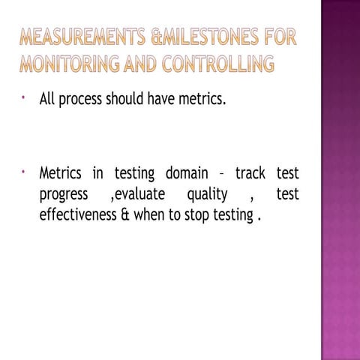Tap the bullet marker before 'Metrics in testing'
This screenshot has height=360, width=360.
point(25,173)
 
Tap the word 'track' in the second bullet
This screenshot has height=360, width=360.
point(252,175)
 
